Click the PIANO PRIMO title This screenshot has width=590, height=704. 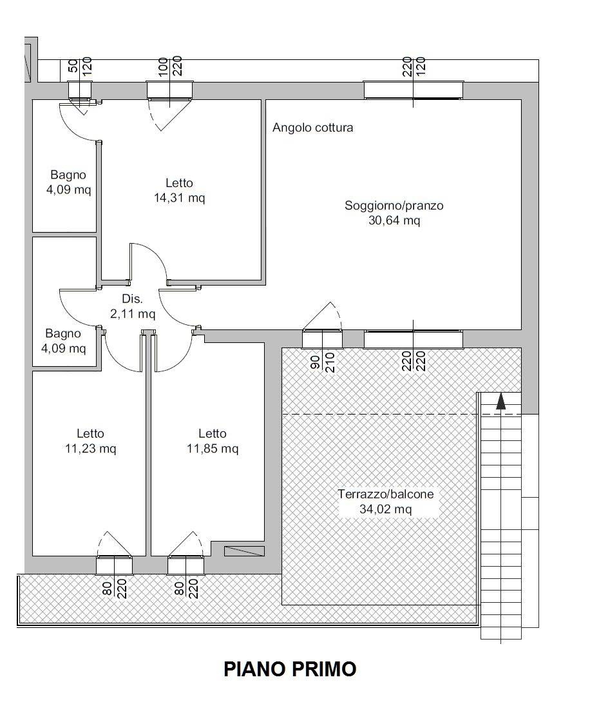click(x=290, y=669)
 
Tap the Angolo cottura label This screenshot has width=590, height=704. click(x=313, y=128)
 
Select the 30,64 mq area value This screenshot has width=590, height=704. click(x=394, y=220)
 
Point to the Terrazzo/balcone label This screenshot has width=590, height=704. click(x=385, y=494)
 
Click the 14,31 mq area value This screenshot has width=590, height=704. click(x=180, y=197)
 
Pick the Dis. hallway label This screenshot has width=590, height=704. click(x=132, y=299)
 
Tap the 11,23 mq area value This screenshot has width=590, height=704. click(x=91, y=448)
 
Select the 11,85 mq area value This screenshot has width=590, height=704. click(x=213, y=448)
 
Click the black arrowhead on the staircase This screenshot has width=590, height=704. click(x=500, y=401)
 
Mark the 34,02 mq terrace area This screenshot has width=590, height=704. click(x=385, y=509)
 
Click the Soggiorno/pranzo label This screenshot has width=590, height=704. click(x=394, y=205)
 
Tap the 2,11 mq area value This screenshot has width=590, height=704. click(x=133, y=313)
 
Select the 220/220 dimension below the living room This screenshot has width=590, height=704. click(x=414, y=361)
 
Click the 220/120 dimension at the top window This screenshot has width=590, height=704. click(x=414, y=66)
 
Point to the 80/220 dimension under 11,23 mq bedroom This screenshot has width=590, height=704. click(x=115, y=589)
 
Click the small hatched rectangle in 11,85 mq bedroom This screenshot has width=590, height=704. click(x=245, y=551)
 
